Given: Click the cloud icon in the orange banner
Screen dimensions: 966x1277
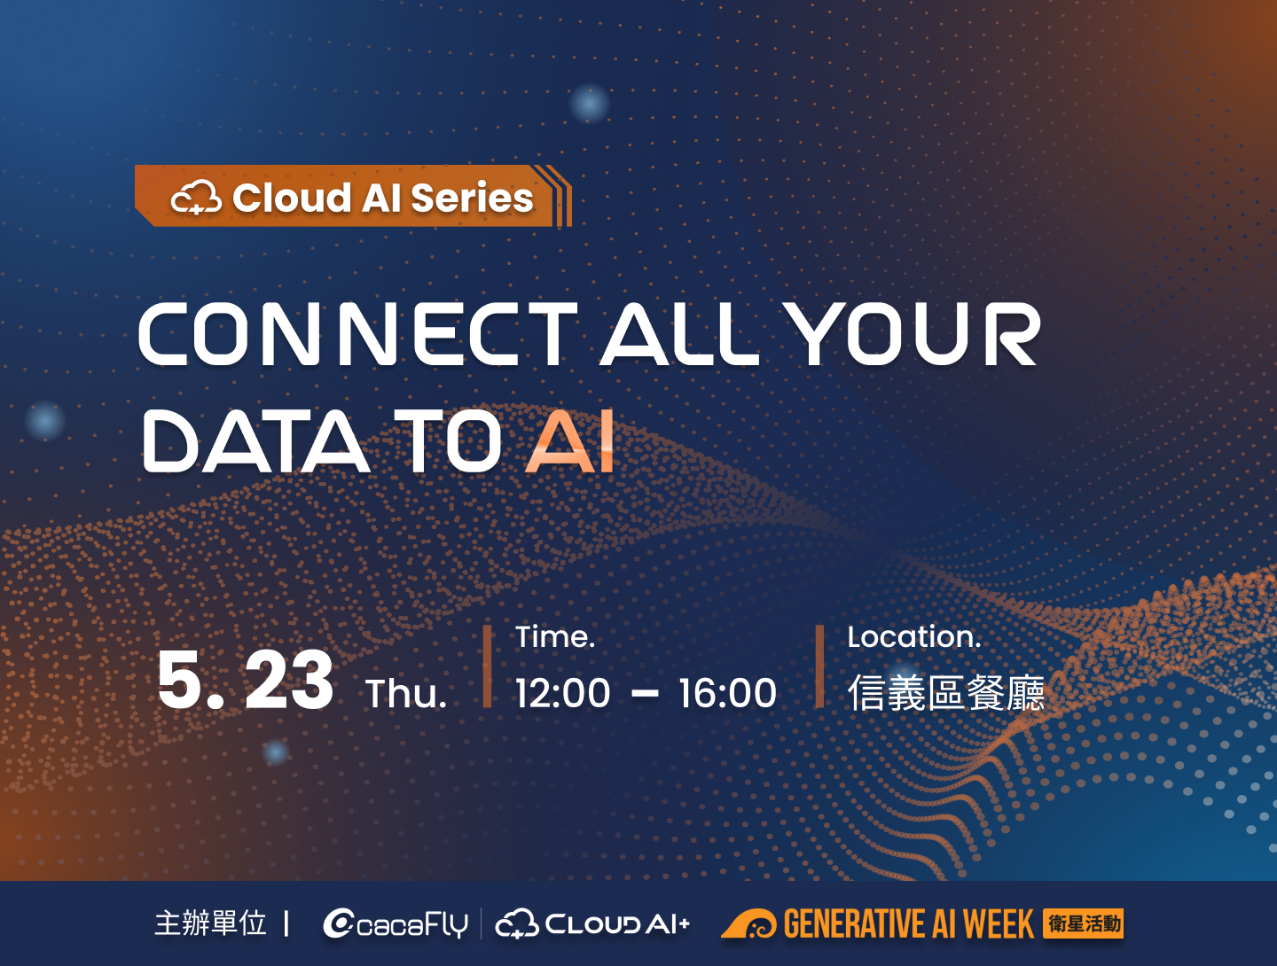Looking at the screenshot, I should (x=196, y=197).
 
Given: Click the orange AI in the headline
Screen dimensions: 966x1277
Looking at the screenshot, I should (x=570, y=440).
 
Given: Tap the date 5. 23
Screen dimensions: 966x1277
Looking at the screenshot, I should (x=246, y=681).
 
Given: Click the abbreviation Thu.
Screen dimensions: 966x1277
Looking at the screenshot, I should (x=406, y=694).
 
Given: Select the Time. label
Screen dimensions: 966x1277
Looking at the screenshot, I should (x=555, y=636).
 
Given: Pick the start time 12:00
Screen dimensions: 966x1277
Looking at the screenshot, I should (x=563, y=693).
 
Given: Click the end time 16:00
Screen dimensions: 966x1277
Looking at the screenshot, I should (x=727, y=693).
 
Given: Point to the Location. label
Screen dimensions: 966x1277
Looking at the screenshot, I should (x=913, y=636).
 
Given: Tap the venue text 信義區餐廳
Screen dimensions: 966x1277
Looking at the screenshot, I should (x=946, y=693).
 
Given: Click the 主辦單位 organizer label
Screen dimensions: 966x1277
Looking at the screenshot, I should (x=210, y=923).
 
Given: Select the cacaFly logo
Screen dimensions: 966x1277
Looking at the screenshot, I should (x=396, y=924).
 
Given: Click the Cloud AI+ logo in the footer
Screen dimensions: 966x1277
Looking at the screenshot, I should (x=592, y=924).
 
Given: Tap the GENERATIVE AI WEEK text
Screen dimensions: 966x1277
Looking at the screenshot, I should (x=908, y=924).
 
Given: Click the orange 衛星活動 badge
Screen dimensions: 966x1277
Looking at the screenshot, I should (x=1084, y=923).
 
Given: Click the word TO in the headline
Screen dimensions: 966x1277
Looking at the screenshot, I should (x=448, y=440).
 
